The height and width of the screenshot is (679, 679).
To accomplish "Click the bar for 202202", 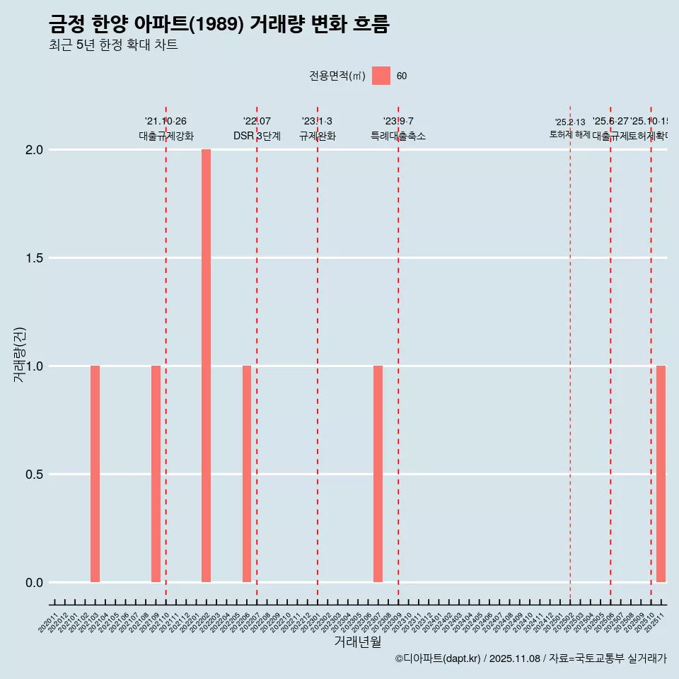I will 206,366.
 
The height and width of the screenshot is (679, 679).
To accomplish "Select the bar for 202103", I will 95,474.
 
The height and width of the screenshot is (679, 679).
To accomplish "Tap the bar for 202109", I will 156,474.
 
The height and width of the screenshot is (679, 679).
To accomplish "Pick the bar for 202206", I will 247,474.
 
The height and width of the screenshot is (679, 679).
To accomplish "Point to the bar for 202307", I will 378,474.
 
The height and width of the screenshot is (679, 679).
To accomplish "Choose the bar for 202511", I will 661,474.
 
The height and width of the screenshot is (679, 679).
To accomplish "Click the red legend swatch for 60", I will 381,76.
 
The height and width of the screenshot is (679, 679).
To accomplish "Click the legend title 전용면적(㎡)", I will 337,76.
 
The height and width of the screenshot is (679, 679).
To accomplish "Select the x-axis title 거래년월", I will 358,642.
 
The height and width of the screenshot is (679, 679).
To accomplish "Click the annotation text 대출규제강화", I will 166,136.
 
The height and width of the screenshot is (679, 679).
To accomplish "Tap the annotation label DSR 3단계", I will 257,136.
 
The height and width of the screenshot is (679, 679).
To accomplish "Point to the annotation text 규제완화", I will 317,136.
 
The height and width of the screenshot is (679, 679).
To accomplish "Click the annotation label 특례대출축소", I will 398,136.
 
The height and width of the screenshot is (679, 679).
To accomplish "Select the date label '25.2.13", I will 570,122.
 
